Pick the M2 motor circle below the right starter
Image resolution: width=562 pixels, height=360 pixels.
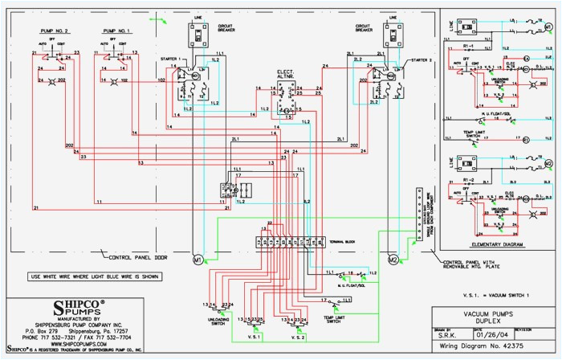(393, 260)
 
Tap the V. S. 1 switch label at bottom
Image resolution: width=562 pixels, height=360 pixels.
(255, 328)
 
